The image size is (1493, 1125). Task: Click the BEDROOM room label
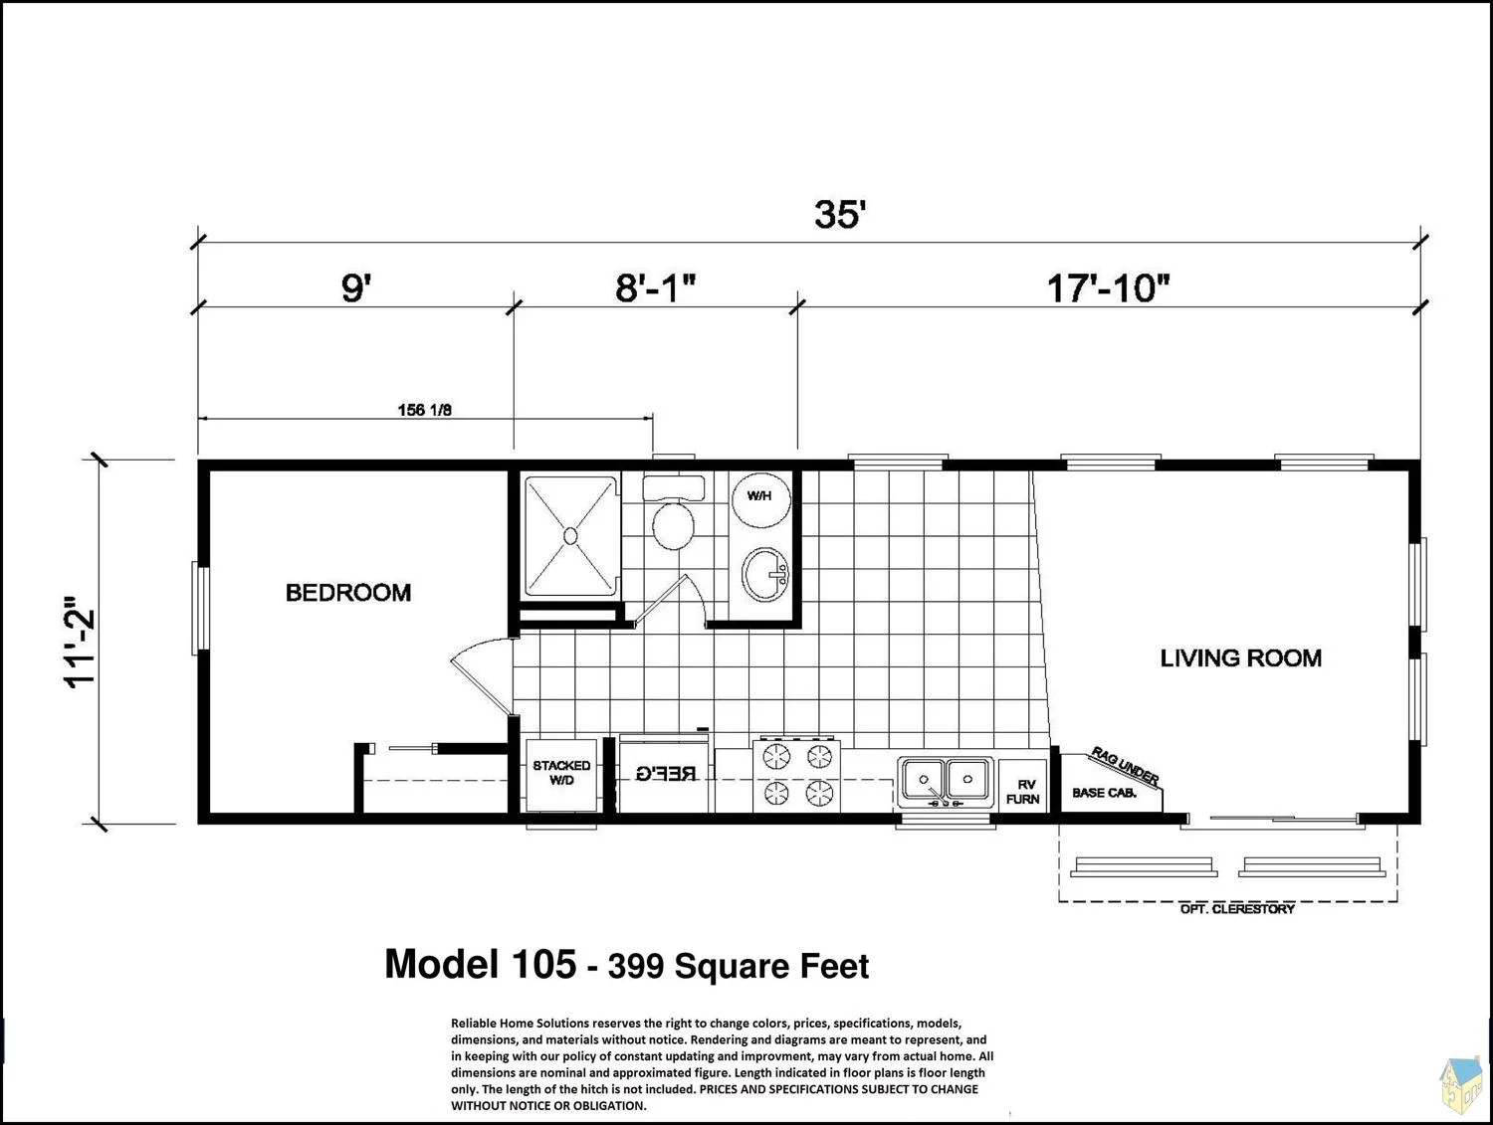(x=348, y=593)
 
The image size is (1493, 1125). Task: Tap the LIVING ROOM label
(x=1240, y=658)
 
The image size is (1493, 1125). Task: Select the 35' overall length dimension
(x=841, y=214)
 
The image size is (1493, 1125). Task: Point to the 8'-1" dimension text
(x=656, y=288)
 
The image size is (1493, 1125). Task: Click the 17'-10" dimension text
(x=1108, y=288)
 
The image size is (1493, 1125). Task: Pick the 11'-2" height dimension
(x=80, y=643)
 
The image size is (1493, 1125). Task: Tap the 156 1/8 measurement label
(x=424, y=410)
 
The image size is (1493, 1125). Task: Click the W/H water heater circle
(x=761, y=500)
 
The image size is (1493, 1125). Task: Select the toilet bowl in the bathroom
(x=673, y=525)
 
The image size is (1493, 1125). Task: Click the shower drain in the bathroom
(x=570, y=536)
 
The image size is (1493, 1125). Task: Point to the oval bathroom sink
(x=765, y=574)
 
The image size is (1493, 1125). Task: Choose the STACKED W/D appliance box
(x=561, y=775)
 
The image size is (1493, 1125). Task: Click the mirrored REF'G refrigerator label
(x=667, y=774)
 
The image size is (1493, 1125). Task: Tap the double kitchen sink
(x=945, y=781)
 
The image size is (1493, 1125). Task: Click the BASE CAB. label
(x=1104, y=793)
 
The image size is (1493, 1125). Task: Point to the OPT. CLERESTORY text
(x=1237, y=909)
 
